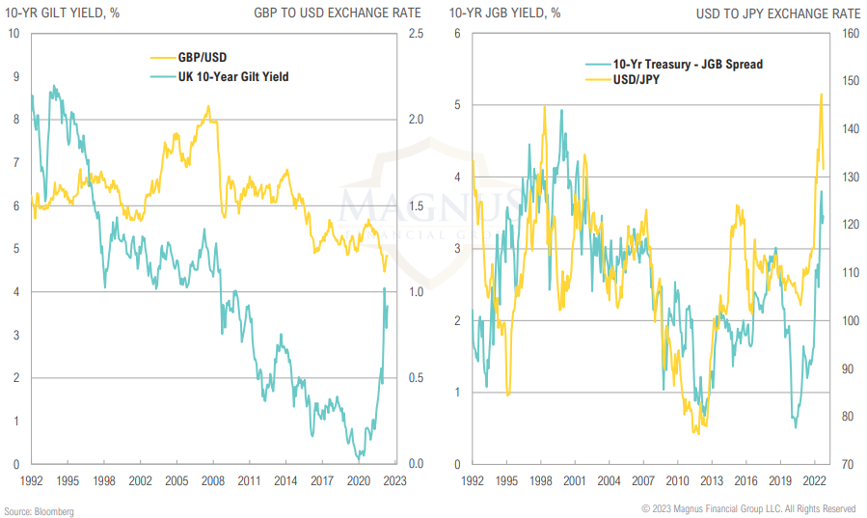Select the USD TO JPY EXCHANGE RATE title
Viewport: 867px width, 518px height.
coord(778,14)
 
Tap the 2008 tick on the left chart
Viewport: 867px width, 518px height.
coord(213,479)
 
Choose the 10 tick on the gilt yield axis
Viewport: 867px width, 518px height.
coord(14,34)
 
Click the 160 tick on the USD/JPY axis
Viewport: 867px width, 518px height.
coord(850,34)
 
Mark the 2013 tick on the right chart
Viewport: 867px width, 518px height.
coord(711,479)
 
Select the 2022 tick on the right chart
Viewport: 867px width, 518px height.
coord(813,479)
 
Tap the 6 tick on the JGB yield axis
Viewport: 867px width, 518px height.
coord(456,34)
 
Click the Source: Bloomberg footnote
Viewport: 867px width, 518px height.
coord(39,509)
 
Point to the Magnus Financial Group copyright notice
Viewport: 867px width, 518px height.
coord(749,509)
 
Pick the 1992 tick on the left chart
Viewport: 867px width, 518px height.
coord(31,479)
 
